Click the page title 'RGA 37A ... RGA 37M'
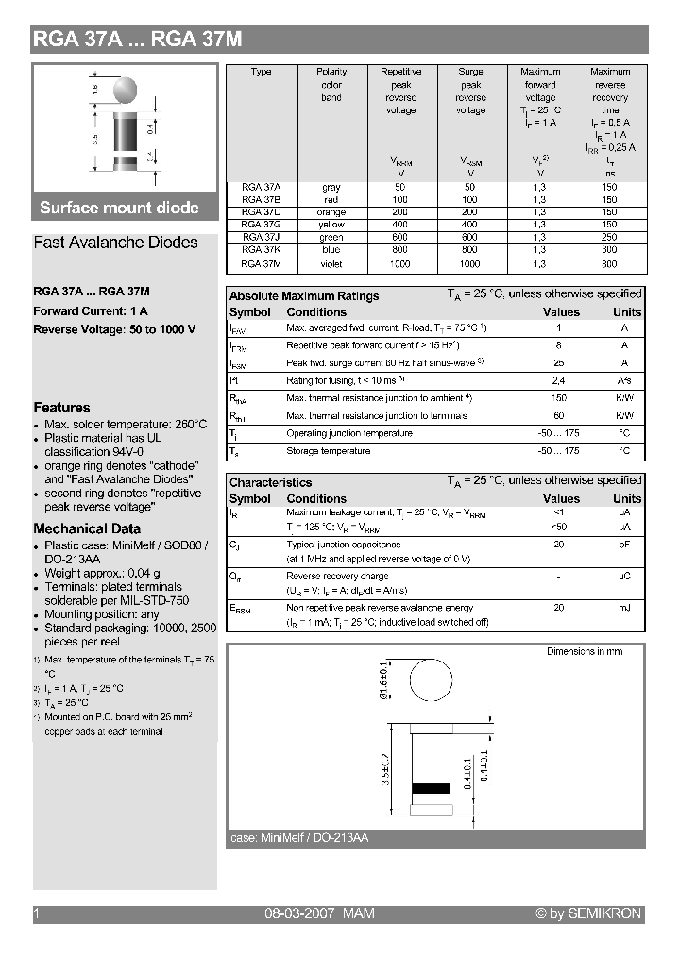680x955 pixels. pos(138,39)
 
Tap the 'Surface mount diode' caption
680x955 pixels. pos(119,208)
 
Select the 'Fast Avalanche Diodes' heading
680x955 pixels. pos(115,243)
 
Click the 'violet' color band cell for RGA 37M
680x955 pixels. pos(331,264)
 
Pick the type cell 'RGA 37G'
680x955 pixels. pos(261,225)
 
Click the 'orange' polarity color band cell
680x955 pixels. pos(331,212)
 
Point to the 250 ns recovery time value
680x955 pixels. pos(609,238)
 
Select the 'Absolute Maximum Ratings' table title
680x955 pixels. pos(304,295)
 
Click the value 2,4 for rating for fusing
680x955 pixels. pos(558,380)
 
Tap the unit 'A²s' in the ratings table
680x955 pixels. pos(624,380)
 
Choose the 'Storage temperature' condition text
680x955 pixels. pos(328,451)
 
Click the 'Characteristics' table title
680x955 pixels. pos(270,482)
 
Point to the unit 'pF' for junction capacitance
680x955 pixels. pos(624,545)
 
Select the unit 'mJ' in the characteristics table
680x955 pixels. pos(624,608)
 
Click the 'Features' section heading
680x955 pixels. pos(61,408)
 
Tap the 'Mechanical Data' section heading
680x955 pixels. pos(87,528)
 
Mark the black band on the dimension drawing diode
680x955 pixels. pos(432,787)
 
